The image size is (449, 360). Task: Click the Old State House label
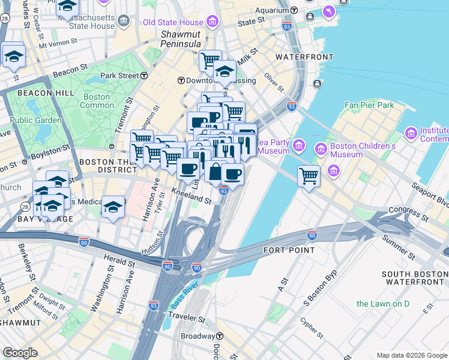173,23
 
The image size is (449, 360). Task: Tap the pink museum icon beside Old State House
212,23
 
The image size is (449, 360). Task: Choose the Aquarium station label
271,10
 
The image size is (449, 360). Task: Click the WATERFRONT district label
304,57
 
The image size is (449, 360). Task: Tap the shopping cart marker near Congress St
309,176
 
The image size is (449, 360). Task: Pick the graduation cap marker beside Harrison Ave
113,208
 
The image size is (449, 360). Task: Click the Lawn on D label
382,304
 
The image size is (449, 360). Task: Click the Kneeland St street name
191,196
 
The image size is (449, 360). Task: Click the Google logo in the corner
20,353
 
